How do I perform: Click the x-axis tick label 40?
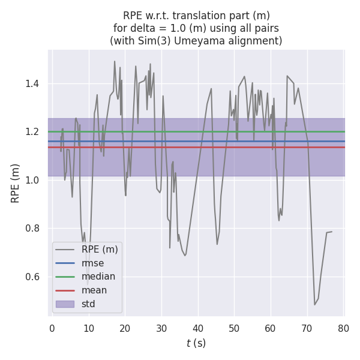(197, 329)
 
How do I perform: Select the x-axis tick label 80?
(343, 329)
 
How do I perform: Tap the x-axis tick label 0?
(52, 329)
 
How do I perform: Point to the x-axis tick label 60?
(270, 329)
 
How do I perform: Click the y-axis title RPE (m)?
(16, 183)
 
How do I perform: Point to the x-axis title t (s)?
(196, 343)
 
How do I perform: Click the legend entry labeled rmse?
(93, 263)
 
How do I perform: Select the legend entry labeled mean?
(95, 290)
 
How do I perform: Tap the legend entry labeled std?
(89, 304)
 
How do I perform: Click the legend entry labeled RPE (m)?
(100, 249)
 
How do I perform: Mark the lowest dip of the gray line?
(314, 305)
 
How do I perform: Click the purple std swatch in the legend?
(65, 304)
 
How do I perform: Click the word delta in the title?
(142, 28)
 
